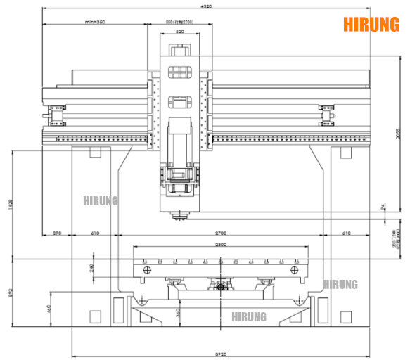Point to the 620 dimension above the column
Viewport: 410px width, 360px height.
(x=180, y=32)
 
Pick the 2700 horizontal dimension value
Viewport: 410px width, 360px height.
(x=220, y=232)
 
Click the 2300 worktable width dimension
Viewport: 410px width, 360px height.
(x=220, y=244)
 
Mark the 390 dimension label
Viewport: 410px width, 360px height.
(x=57, y=232)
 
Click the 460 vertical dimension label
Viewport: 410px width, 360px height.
(x=48, y=307)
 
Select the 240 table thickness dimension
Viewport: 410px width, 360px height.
(x=92, y=267)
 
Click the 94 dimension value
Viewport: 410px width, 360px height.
(x=383, y=206)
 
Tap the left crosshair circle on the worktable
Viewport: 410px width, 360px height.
(x=146, y=271)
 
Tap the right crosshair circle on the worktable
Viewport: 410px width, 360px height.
(x=295, y=271)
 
